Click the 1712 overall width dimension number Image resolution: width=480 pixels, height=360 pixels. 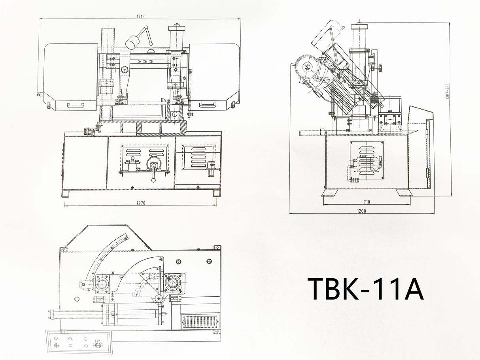click(141, 17)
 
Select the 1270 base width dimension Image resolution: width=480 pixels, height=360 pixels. click(141, 203)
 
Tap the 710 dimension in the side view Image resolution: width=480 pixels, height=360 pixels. click(367, 202)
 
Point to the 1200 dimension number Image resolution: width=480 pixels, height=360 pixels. click(361, 211)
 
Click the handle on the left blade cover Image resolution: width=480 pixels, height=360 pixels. click(76, 105)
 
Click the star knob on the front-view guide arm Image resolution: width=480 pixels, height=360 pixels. click(126, 70)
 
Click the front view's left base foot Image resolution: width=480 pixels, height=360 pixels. click(66, 194)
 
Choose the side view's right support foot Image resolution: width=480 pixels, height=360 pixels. click(404, 192)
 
